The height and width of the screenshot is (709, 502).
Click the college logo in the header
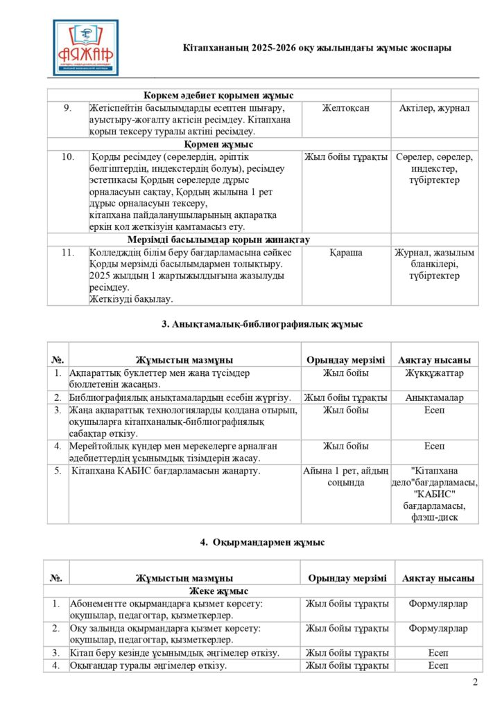86,47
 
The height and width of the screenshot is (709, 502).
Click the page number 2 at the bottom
475,683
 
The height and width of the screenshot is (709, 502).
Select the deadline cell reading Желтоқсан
346,108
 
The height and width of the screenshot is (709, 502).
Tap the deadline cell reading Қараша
346,253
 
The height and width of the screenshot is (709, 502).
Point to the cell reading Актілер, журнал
435,108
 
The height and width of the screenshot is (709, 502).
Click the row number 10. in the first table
68,157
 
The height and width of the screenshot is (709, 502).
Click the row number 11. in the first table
68,253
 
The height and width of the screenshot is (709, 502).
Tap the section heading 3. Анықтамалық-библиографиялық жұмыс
262,324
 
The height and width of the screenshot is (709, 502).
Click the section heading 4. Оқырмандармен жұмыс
262,542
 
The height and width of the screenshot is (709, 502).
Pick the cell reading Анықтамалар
435,397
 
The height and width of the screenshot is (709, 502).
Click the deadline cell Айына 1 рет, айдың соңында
346,477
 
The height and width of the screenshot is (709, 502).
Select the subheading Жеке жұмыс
218,591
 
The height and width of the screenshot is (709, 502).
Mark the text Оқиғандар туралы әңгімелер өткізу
149,666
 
